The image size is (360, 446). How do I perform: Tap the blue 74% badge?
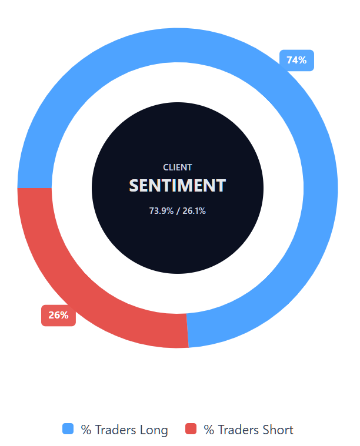(x=296, y=61)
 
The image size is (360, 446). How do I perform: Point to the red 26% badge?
(x=58, y=316)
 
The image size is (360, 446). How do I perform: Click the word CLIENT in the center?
(x=178, y=167)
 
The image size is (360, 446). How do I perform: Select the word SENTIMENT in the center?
(x=178, y=186)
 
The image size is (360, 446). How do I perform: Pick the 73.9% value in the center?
(x=161, y=211)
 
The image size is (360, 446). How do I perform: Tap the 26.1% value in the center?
(x=194, y=211)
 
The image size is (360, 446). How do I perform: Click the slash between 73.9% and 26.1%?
(x=178, y=211)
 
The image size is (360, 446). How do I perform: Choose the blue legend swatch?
(x=68, y=429)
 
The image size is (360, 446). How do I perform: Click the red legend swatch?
(x=191, y=429)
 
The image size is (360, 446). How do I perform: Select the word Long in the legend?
(x=153, y=430)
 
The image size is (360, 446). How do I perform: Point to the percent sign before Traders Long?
(x=86, y=430)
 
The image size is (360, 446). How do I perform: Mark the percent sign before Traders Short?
(x=209, y=430)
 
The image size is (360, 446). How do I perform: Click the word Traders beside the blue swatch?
(x=115, y=430)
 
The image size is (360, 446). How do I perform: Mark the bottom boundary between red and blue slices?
(x=188, y=330)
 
